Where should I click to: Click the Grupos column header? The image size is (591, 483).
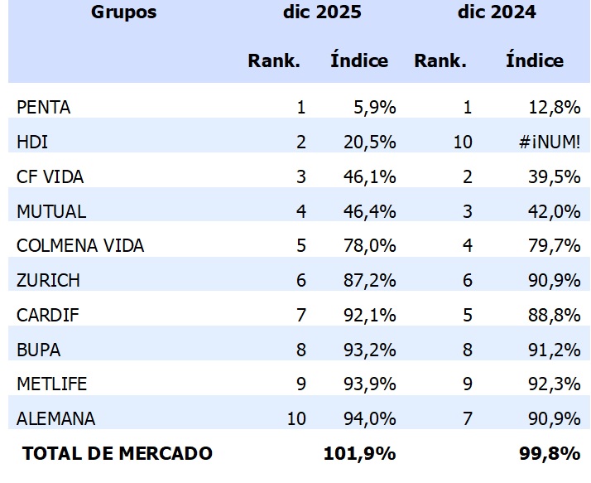pyautogui.click(x=123, y=12)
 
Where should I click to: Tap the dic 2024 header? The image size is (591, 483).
pyautogui.click(x=496, y=12)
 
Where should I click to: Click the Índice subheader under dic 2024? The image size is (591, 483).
pyautogui.click(x=534, y=60)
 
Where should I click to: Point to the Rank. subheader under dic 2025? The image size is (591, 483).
pyautogui.click(x=274, y=60)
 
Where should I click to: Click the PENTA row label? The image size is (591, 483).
pyautogui.click(x=43, y=107)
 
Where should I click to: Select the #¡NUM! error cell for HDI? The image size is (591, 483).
pyautogui.click(x=550, y=142)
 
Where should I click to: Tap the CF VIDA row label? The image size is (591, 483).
pyautogui.click(x=50, y=176)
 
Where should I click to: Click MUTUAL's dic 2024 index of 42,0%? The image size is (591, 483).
pyautogui.click(x=555, y=211)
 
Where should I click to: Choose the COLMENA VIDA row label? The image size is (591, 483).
pyautogui.click(x=80, y=246)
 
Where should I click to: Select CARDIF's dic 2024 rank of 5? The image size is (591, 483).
pyautogui.click(x=467, y=315)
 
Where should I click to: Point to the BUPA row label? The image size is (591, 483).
pyautogui.click(x=38, y=350)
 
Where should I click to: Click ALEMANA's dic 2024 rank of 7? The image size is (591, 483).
pyautogui.click(x=467, y=419)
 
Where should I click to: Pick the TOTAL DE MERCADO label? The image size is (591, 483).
pyautogui.click(x=118, y=453)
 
